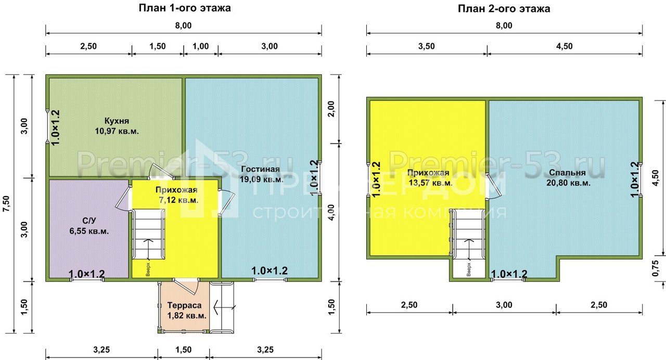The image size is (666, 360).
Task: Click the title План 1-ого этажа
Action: [185, 8]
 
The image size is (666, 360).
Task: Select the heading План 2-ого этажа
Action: [504, 9]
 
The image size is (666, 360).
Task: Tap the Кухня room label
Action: [117, 121]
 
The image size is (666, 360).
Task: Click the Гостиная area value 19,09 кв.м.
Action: [262, 179]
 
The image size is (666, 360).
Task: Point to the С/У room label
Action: [89, 221]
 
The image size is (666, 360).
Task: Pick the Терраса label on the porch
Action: [184, 305]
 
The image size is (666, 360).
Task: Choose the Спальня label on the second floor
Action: [567, 172]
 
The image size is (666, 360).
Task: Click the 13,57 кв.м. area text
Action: [430, 183]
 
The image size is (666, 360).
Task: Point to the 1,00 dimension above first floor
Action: [201, 46]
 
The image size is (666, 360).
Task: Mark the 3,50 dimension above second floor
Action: [426, 46]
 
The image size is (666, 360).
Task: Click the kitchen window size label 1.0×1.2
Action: [56, 128]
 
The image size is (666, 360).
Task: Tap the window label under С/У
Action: [87, 274]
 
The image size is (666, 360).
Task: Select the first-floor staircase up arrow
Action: [148, 248]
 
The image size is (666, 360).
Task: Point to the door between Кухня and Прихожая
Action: [161, 171]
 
